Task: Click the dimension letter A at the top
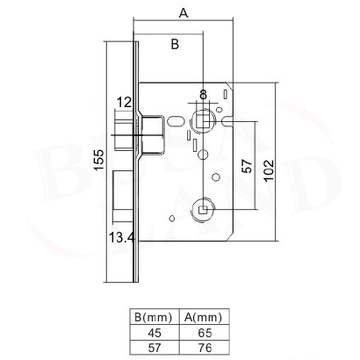pos(184,12)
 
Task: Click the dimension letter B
pos(175,44)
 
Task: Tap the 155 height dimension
pos(98,160)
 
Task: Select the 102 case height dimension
pos(269,170)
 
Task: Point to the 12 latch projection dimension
pos(124,103)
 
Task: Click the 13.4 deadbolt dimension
pos(122,236)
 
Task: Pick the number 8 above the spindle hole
pos(203,95)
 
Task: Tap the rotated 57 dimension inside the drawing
pos(248,166)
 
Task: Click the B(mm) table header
pos(154,317)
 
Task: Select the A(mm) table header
pos(204,317)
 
